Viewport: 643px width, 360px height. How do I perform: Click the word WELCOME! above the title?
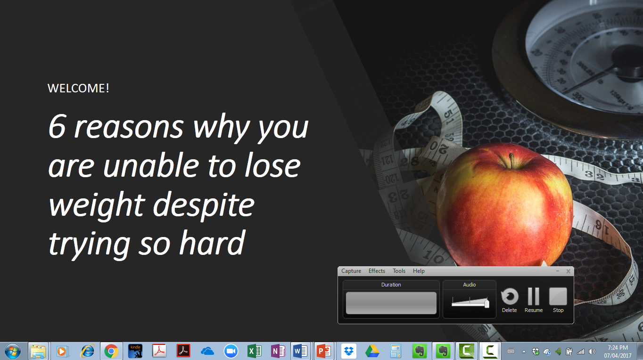click(x=78, y=88)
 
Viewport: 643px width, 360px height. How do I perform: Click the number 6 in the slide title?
click(x=57, y=126)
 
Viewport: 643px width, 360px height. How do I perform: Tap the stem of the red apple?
click(x=511, y=160)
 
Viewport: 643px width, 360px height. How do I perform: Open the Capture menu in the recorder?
click(x=351, y=271)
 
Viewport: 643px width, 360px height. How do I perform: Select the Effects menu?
click(x=377, y=271)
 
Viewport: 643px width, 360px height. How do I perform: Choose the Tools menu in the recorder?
click(x=399, y=271)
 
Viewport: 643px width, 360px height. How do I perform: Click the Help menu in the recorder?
click(x=419, y=271)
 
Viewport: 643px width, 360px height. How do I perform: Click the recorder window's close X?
click(x=568, y=271)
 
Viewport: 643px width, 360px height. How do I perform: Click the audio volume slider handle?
click(x=487, y=303)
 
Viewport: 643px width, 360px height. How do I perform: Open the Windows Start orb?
click(x=13, y=351)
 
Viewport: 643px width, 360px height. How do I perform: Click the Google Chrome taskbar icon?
click(x=111, y=351)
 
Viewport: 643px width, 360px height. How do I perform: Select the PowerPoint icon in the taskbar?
click(x=324, y=351)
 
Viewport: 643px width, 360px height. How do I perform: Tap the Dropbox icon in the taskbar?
click(x=349, y=351)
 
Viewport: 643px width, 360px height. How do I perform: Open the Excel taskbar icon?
click(x=254, y=351)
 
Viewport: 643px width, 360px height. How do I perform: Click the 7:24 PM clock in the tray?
click(x=618, y=348)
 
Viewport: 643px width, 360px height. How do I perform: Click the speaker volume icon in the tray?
click(x=592, y=352)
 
